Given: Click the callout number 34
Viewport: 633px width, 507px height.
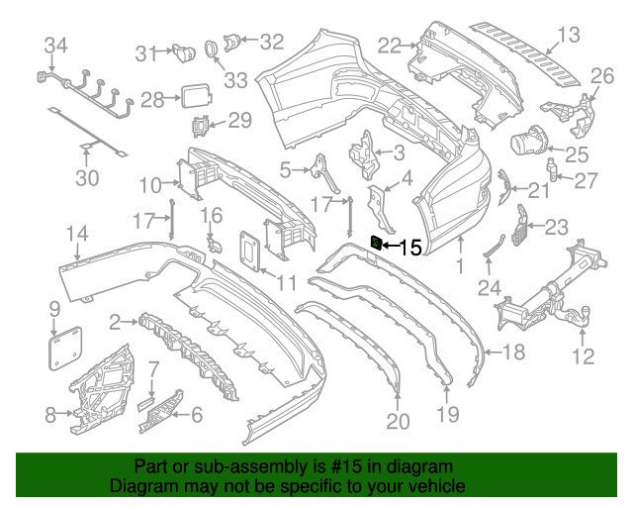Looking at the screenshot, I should coord(56,45).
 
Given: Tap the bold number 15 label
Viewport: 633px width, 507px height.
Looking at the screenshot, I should coord(409,247).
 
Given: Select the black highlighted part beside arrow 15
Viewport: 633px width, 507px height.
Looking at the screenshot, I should coord(376,242).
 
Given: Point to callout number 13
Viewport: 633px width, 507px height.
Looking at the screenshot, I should coord(568,37).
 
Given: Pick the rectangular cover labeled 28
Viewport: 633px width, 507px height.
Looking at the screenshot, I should coord(193,97).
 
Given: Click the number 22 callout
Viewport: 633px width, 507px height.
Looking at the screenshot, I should coord(390,45).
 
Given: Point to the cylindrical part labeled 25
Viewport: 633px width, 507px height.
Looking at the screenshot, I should coord(532,140).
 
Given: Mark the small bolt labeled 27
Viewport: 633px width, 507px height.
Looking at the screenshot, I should coord(557,179).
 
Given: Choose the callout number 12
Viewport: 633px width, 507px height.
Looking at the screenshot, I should coord(585,355).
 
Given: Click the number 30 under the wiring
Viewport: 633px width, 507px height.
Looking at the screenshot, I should coord(88,178).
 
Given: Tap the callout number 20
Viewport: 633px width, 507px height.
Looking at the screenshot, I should coord(398,422).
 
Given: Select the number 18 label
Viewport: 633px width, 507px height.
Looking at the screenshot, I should coord(514,353).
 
